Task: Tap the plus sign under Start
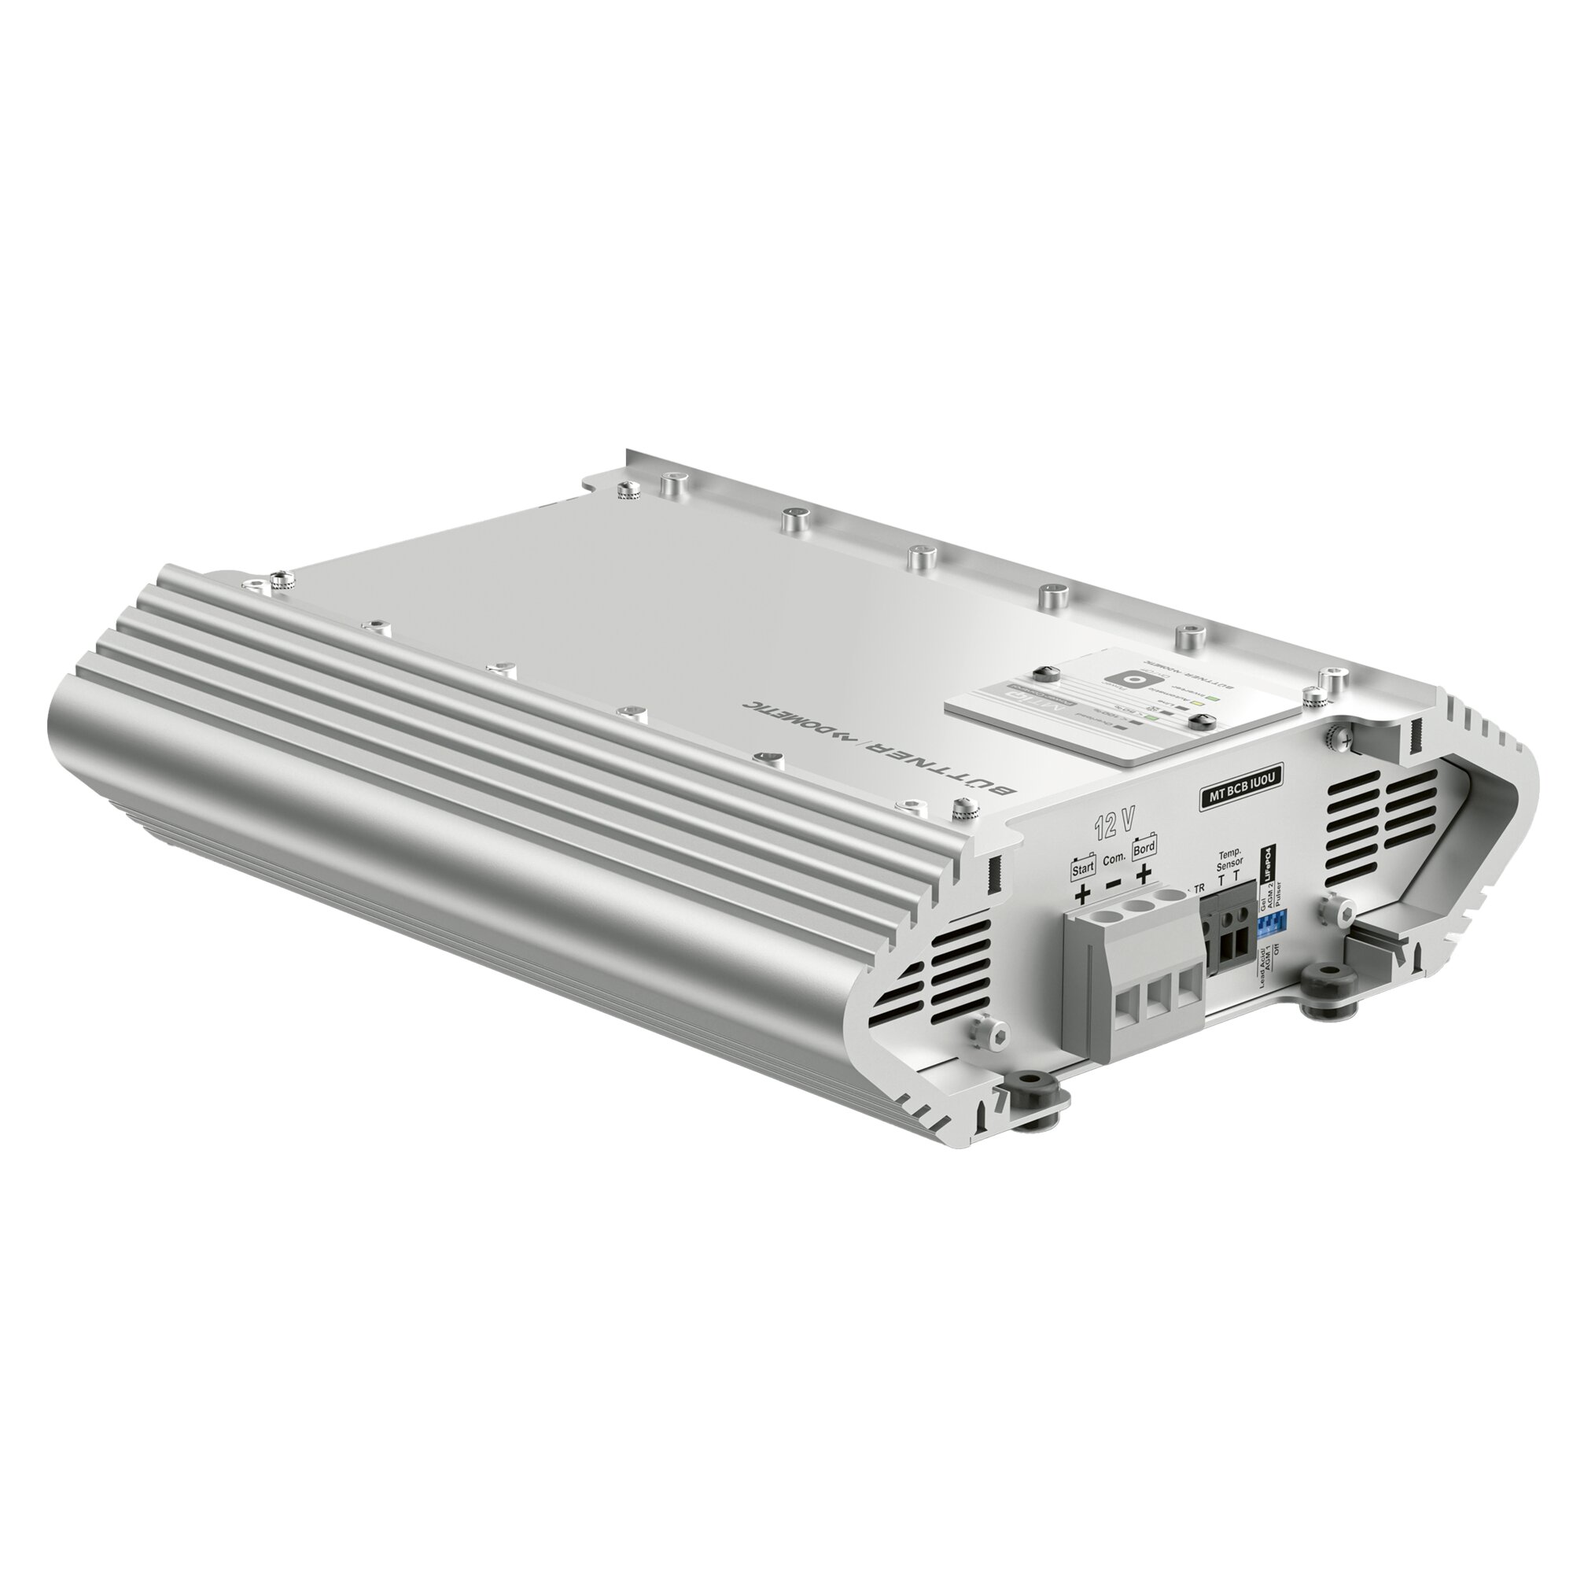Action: (1082, 897)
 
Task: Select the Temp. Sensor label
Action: (1228, 860)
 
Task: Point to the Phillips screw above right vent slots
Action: (1332, 735)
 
